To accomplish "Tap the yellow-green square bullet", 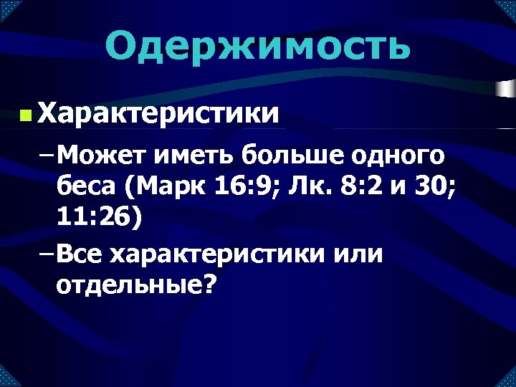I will [26, 115].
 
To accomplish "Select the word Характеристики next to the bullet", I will [158, 113].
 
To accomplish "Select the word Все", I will [80, 254].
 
